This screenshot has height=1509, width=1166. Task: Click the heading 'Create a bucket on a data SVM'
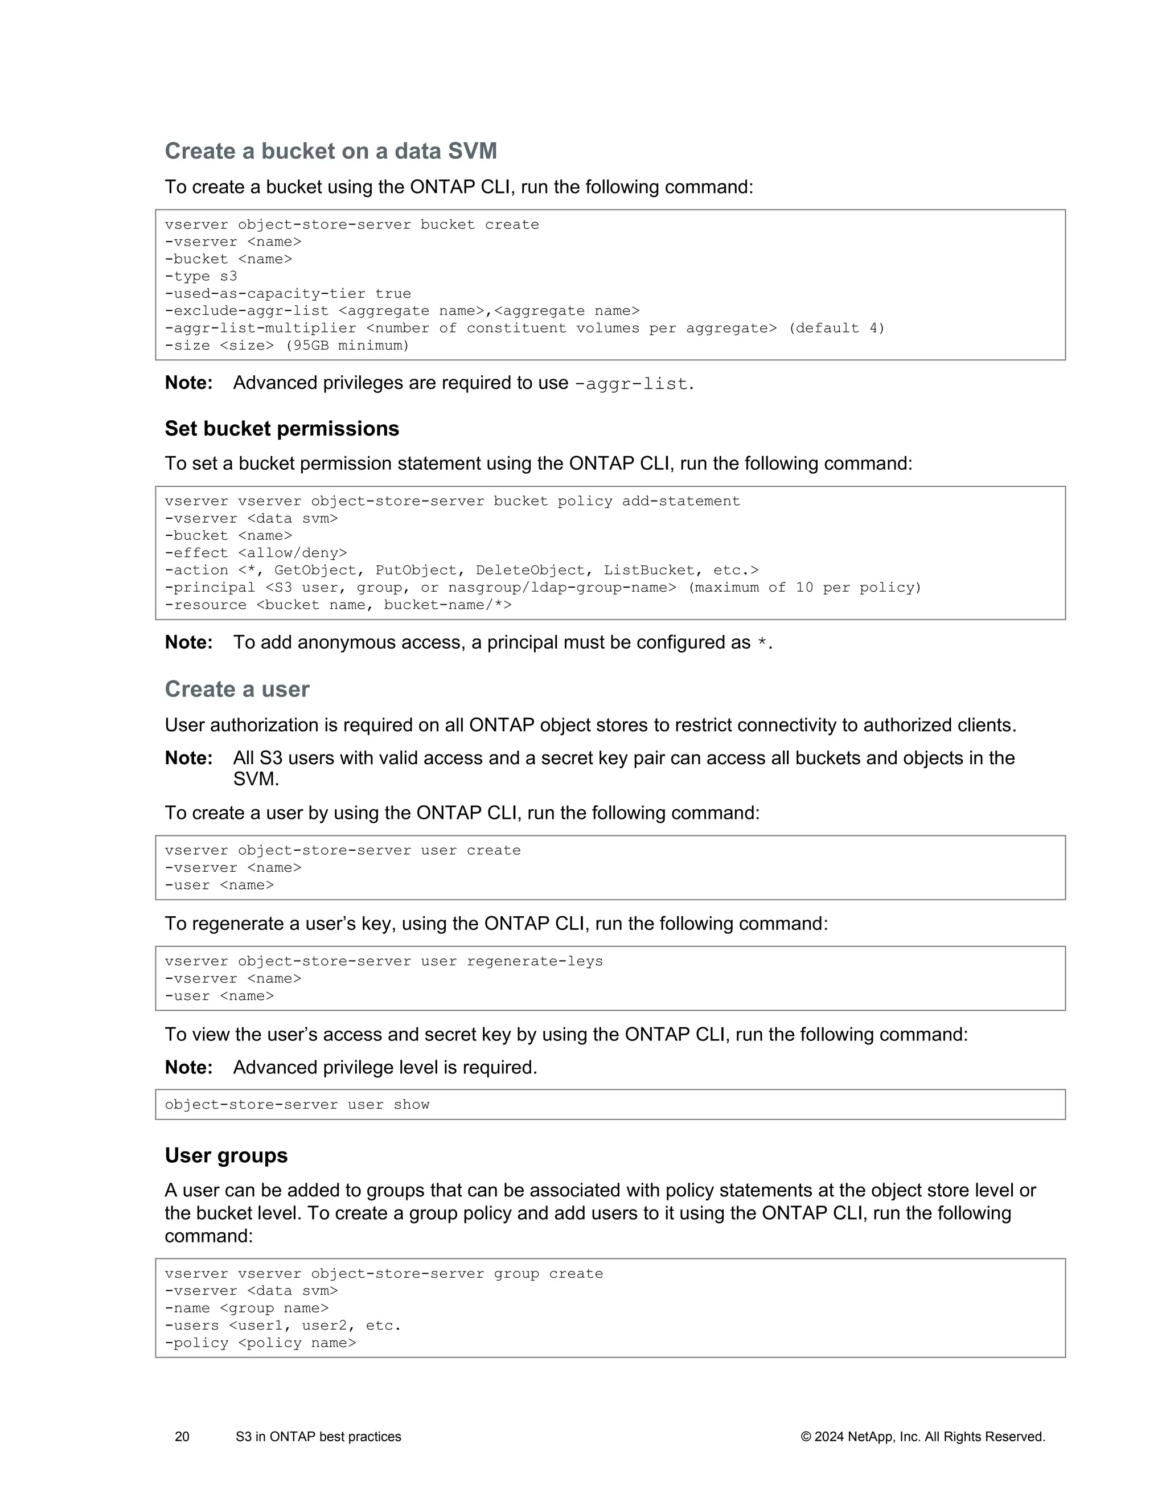point(331,151)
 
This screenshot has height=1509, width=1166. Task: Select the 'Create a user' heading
point(237,689)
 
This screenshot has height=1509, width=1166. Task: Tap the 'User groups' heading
point(226,1155)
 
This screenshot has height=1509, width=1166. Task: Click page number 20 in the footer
point(182,1437)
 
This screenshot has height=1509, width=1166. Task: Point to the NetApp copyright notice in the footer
point(923,1437)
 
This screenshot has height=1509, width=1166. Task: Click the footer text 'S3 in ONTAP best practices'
point(318,1437)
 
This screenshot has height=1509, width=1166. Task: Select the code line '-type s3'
point(201,276)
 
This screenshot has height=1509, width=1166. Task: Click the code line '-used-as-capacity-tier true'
point(288,294)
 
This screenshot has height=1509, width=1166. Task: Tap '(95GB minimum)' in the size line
point(347,346)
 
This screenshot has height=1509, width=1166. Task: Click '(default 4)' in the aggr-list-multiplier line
point(836,328)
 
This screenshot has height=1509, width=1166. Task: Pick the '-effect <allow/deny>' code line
point(256,553)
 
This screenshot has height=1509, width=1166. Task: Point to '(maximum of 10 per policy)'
point(804,587)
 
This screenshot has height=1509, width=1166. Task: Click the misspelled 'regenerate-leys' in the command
point(535,961)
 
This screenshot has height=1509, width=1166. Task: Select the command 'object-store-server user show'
point(297,1104)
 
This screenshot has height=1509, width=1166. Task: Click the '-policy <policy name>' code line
point(260,1343)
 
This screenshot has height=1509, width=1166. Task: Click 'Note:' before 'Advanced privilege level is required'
point(188,1068)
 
